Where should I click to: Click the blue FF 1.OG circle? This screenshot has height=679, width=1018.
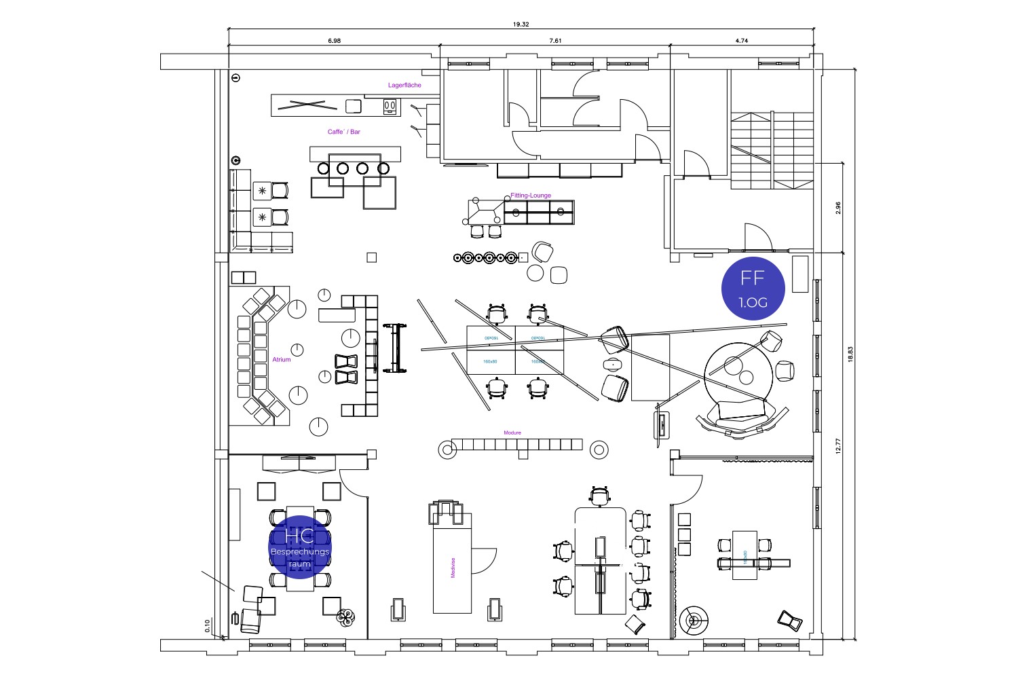coord(753,289)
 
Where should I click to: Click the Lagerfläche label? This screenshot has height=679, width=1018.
coord(404,86)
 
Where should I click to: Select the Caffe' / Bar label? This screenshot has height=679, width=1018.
coord(344,132)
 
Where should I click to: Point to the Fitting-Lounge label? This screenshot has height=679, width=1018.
coord(531,196)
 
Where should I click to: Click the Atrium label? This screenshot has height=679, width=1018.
coord(282,360)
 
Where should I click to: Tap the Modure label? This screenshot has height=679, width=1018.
coord(512,433)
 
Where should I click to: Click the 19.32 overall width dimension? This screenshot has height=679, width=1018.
coord(521,24)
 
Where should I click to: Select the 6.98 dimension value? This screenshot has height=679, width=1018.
coord(334,41)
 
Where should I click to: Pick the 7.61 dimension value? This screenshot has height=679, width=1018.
coord(555,41)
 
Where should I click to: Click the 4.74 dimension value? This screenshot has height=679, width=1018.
coord(741,41)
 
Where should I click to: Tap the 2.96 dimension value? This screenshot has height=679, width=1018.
coord(838,208)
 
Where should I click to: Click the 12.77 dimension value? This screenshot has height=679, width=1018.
coord(838,445)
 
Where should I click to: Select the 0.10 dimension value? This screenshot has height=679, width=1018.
coord(208,625)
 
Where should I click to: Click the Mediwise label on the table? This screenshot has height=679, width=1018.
coord(453,568)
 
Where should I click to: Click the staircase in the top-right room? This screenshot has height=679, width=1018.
coord(772,151)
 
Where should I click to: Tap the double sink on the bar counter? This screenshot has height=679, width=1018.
coord(390,105)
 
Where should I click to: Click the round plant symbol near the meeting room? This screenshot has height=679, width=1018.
coord(346,617)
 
